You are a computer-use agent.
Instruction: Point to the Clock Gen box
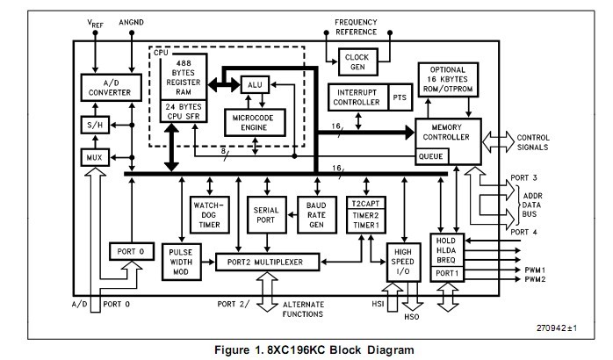356,61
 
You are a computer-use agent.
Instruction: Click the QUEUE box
430,156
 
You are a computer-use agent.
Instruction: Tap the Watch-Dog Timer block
210,213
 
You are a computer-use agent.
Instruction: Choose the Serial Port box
265,215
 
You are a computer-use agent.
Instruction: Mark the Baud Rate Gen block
316,215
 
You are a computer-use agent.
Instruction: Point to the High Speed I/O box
404,263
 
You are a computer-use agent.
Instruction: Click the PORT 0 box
130,252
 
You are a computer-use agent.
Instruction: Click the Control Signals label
558,141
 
